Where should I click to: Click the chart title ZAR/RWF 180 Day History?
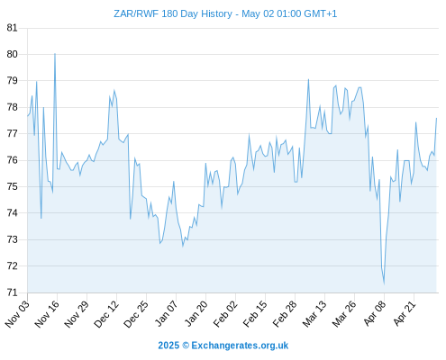click(x=173, y=13)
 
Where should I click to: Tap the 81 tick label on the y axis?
click(x=12, y=28)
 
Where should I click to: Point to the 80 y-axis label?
click(x=12, y=54)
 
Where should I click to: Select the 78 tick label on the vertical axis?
click(x=12, y=107)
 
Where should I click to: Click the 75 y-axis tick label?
click(x=12, y=186)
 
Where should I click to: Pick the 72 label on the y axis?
click(x=12, y=265)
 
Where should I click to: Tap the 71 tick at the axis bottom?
click(x=12, y=292)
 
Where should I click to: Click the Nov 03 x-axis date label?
click(x=17, y=313)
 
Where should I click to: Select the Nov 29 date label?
click(x=77, y=313)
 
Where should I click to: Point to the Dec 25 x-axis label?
click(x=136, y=313)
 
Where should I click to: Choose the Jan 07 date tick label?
click(x=166, y=313)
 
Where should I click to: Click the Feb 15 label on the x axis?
click(x=255, y=313)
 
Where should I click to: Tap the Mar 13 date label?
click(x=314, y=313)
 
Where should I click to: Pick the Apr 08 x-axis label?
click(x=374, y=313)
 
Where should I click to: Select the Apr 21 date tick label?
click(x=404, y=313)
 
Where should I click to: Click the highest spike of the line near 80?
click(x=55, y=54)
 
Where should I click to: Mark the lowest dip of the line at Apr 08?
click(x=384, y=283)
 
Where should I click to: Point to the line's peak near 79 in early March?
click(x=308, y=79)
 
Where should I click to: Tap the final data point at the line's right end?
click(x=436, y=118)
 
